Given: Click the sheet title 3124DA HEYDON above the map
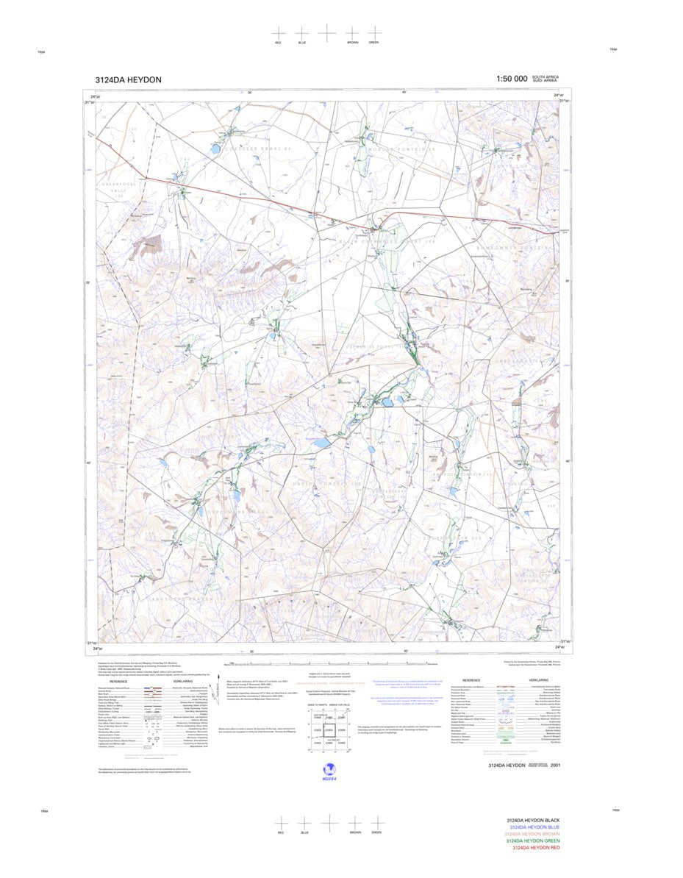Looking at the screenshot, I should pos(128,80).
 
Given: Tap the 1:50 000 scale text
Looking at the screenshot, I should pos(511,79).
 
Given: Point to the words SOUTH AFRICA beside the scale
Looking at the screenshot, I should pos(545,76).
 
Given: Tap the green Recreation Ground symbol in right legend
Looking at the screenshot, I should pos(504,740).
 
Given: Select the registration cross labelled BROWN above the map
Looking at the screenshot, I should pos(352,33).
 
